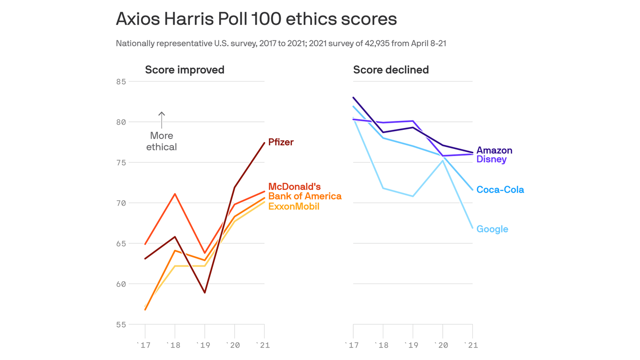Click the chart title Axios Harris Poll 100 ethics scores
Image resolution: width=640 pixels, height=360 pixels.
(x=256, y=19)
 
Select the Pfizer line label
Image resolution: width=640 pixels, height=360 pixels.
(x=281, y=142)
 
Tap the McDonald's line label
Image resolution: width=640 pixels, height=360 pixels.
(x=294, y=187)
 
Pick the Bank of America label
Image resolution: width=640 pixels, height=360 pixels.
(x=305, y=196)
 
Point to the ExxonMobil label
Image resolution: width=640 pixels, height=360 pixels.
(x=294, y=206)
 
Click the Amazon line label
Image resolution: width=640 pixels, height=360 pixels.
(x=494, y=150)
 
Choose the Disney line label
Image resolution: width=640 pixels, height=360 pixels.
(x=491, y=159)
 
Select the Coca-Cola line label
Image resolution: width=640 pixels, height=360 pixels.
(x=500, y=190)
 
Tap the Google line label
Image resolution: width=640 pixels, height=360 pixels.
(x=492, y=229)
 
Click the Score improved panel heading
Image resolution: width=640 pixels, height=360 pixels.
(x=185, y=70)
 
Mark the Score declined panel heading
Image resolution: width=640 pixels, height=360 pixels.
(x=391, y=70)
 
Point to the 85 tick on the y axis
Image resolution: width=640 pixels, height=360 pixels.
(x=121, y=82)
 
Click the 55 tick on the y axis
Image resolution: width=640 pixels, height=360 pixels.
(x=121, y=324)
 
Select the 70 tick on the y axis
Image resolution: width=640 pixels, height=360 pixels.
(x=121, y=203)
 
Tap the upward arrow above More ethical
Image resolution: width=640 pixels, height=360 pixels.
(x=162, y=120)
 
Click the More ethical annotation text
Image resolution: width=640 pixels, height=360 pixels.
(x=162, y=141)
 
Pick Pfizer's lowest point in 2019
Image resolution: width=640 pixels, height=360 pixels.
(x=205, y=292)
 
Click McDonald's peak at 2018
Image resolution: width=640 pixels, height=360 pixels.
(x=175, y=194)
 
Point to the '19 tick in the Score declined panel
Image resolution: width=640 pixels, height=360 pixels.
(x=412, y=345)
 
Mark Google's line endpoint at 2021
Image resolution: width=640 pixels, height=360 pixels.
(x=472, y=228)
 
